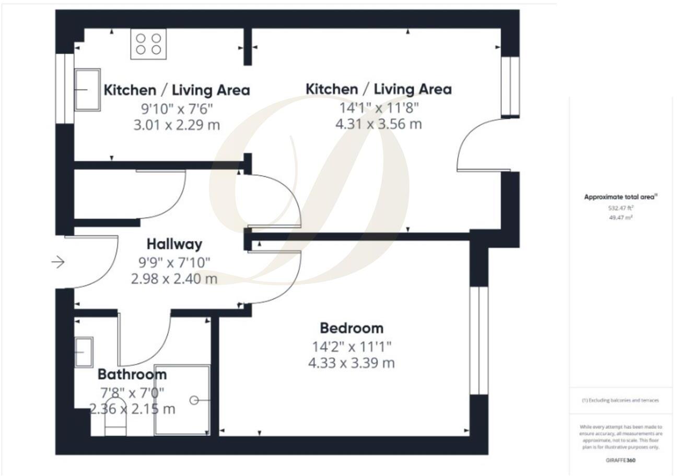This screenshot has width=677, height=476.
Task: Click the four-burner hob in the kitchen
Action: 148,44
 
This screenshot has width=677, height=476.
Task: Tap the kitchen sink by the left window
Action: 87,90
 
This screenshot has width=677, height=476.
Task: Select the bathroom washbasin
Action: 84,352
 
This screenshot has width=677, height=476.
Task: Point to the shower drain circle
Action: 194,400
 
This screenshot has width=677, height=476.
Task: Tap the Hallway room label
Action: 174,244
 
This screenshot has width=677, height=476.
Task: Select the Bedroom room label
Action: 351,328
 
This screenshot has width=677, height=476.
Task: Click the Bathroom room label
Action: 132,374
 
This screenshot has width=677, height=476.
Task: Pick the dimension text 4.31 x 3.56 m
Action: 378,124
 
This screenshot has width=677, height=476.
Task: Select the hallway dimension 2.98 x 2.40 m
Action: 174,279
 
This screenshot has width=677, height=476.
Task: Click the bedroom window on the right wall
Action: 478,340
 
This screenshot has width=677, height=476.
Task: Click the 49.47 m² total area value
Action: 621,217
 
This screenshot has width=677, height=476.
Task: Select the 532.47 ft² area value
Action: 621,207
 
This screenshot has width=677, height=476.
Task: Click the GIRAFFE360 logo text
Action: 621,460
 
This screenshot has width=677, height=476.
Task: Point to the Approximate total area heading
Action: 621,197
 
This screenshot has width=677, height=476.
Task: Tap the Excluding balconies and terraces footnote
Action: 621,400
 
